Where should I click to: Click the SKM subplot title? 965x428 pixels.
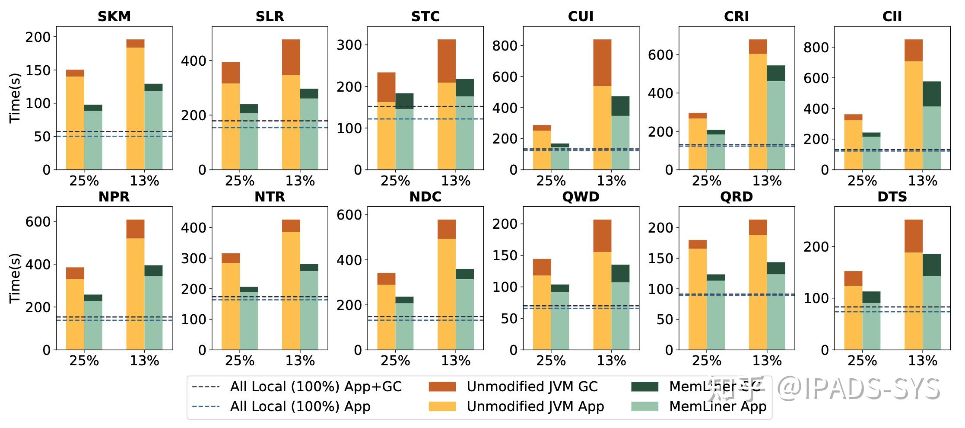click(114, 16)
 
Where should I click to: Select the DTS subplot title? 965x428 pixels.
click(892, 197)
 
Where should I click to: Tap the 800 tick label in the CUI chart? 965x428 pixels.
click(505, 46)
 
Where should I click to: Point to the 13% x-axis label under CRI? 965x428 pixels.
click(767, 181)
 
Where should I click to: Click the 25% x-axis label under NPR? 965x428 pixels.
click(84, 361)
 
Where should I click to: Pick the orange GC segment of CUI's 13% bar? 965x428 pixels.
click(602, 63)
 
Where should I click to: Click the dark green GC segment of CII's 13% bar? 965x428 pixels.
click(932, 94)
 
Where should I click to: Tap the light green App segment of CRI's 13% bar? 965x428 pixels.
click(776, 125)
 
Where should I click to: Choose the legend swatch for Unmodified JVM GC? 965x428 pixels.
click(442, 386)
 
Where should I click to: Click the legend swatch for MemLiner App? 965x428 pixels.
click(644, 406)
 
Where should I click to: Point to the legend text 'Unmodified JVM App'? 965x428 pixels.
click(535, 406)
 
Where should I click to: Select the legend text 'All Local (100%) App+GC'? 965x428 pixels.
click(316, 386)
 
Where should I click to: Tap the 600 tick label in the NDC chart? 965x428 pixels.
click(349, 215)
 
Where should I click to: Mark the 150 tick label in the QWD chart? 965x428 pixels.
click(505, 256)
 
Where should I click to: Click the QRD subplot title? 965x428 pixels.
click(736, 197)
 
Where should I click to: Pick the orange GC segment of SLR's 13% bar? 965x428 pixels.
click(291, 57)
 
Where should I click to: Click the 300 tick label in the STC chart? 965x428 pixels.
click(349, 45)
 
